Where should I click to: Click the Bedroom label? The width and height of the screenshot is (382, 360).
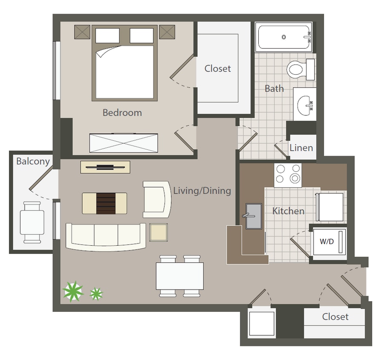pos(122,113)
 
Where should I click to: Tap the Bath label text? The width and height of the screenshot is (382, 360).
pos(274,89)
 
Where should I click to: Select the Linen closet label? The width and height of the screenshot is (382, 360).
pos(301,148)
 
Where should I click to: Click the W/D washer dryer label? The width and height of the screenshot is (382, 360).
pos(327,241)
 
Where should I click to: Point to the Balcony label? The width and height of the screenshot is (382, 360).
pos(33,162)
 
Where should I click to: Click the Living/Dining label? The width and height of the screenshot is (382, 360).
pos(202,191)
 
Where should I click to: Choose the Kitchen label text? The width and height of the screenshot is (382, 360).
pos(289,211)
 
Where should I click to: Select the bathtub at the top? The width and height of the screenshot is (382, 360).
pos(284,37)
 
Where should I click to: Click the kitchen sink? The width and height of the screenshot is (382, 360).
pos(254,216)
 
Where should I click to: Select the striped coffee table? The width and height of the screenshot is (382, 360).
pos(104,203)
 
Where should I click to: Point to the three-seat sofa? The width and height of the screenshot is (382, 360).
pos(105,236)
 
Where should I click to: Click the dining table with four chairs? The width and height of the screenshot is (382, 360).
pos(179,276)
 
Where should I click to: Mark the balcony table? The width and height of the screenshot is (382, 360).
pos(32,221)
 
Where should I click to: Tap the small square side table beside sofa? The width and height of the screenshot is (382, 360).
pos(159,232)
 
